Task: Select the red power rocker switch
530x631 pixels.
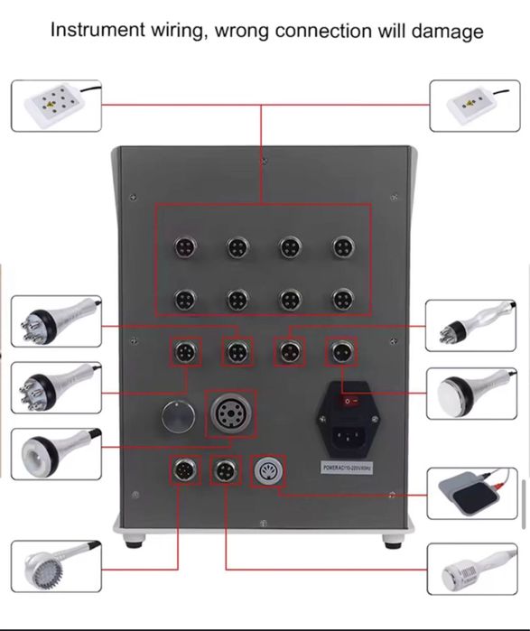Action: [x=353, y=395]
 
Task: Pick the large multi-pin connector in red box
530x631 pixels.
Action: [x=230, y=413]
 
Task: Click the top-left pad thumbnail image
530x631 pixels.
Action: [x=56, y=106]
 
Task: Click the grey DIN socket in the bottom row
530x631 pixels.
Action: [x=265, y=470]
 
